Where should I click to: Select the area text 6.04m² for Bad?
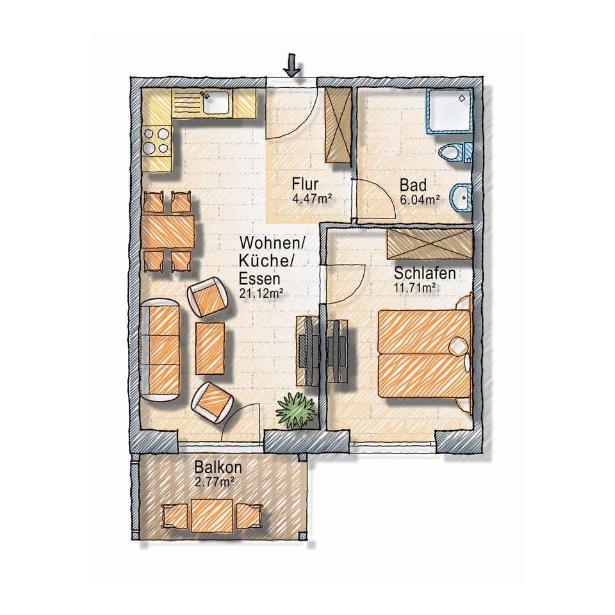coord(420,199)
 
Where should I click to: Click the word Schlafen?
coord(425,274)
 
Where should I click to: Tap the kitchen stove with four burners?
coord(156,142)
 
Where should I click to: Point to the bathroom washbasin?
coord(461,197)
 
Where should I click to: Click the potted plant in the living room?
coord(295,410)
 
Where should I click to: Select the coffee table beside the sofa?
coord(210,348)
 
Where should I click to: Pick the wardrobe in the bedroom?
coord(429,243)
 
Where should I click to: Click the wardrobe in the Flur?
coord(338,125)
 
